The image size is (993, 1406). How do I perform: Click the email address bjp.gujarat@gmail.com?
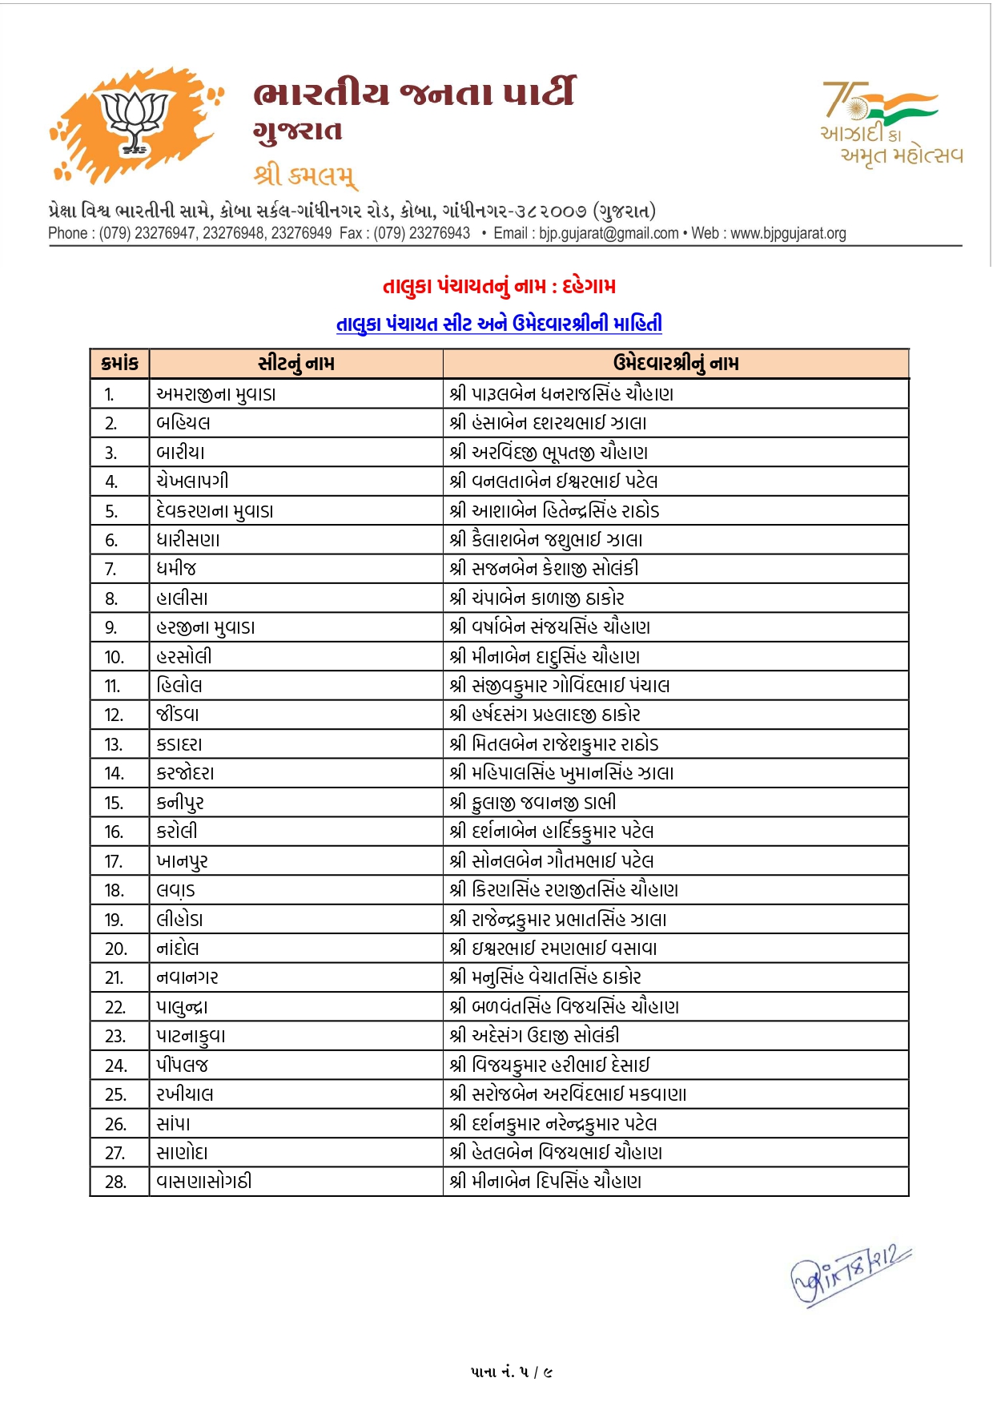click(609, 233)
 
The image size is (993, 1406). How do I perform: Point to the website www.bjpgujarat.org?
click(788, 233)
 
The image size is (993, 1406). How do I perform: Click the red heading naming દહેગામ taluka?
click(499, 286)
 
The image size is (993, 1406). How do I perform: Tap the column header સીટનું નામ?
click(295, 364)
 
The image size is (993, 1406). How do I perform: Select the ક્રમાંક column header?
click(120, 364)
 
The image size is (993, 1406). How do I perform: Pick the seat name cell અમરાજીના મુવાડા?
click(216, 394)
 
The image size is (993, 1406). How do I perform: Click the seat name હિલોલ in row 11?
click(179, 686)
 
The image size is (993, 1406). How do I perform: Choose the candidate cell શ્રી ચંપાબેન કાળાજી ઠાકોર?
click(537, 598)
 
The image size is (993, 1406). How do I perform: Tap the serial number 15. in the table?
click(114, 803)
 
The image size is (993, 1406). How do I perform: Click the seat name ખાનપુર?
click(183, 861)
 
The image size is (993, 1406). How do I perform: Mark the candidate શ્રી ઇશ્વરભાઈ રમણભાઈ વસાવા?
click(553, 949)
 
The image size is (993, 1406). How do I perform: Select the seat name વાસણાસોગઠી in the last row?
click(204, 1182)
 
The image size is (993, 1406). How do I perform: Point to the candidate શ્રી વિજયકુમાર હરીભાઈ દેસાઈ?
click(549, 1066)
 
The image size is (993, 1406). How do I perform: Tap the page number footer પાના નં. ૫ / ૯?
click(512, 1372)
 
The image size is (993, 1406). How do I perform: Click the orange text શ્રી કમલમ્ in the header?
click(305, 174)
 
